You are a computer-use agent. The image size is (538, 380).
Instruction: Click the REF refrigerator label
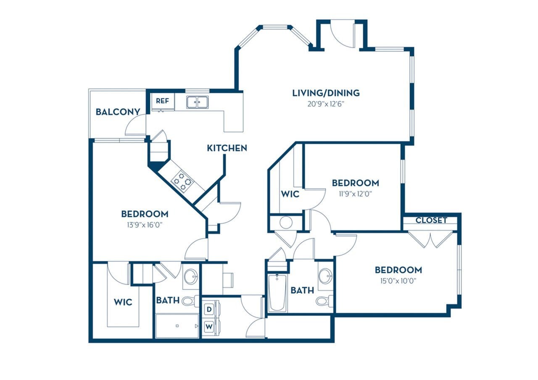[x=162, y=101]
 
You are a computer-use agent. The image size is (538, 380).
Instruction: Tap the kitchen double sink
[x=197, y=102]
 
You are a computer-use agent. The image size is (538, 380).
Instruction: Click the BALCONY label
[x=117, y=112]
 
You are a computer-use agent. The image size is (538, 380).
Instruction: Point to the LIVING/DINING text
[x=326, y=93]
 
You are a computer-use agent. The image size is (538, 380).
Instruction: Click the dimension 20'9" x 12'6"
[x=326, y=104]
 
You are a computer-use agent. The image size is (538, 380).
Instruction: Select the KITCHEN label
[x=227, y=148]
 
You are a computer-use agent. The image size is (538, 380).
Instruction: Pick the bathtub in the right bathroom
[x=277, y=293]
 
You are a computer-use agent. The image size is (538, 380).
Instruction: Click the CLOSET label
[x=431, y=220]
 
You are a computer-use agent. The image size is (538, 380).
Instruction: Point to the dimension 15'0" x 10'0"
[x=398, y=281]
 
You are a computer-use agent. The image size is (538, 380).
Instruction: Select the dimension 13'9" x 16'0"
[x=145, y=224]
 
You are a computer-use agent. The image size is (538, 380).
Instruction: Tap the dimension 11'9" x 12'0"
[x=355, y=194]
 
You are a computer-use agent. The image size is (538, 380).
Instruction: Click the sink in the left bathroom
[x=191, y=276]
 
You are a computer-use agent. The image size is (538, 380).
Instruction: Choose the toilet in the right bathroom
[x=324, y=301]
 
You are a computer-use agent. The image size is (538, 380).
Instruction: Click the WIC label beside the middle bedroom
[x=290, y=194]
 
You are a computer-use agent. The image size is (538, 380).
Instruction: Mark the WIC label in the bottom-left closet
[x=123, y=302]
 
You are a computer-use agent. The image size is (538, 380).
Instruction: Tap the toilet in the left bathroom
[x=190, y=301]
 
